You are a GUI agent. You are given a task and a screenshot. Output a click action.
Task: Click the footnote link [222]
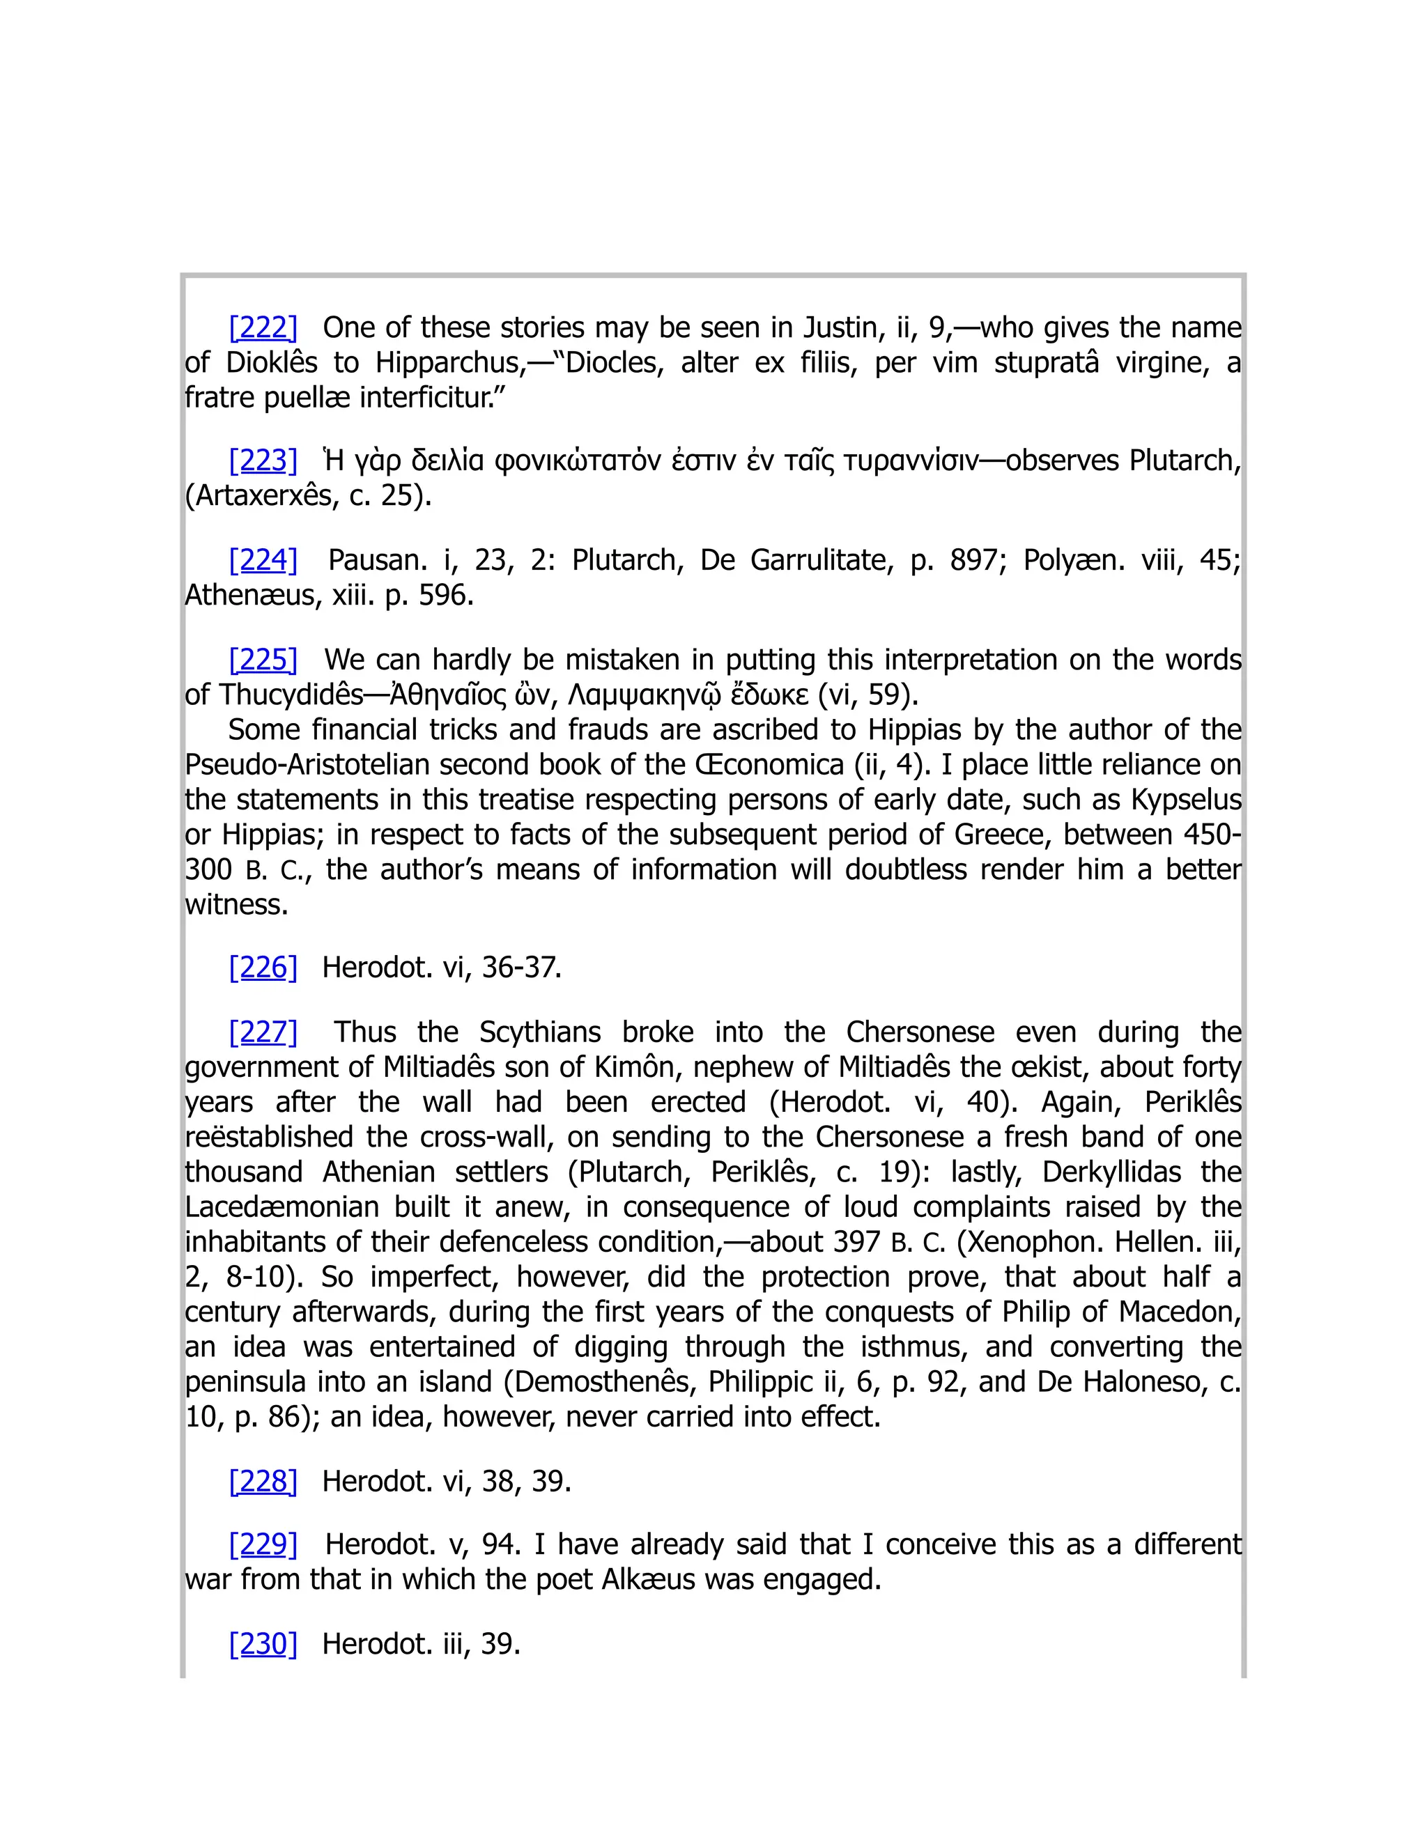point(263,327)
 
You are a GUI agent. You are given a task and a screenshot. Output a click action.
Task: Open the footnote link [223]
point(263,460)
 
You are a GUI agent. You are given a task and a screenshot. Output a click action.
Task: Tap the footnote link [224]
point(263,559)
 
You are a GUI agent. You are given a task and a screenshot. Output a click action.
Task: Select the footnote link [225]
point(263,659)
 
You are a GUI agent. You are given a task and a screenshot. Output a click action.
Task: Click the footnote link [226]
point(263,967)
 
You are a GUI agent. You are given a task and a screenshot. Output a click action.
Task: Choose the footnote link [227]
point(263,1032)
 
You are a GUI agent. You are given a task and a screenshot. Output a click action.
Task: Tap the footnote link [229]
point(263,1544)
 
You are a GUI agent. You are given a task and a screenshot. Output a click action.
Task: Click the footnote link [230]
point(263,1643)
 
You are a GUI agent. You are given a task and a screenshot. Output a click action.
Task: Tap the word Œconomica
point(769,764)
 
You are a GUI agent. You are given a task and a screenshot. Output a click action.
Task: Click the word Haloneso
point(1146,1381)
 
